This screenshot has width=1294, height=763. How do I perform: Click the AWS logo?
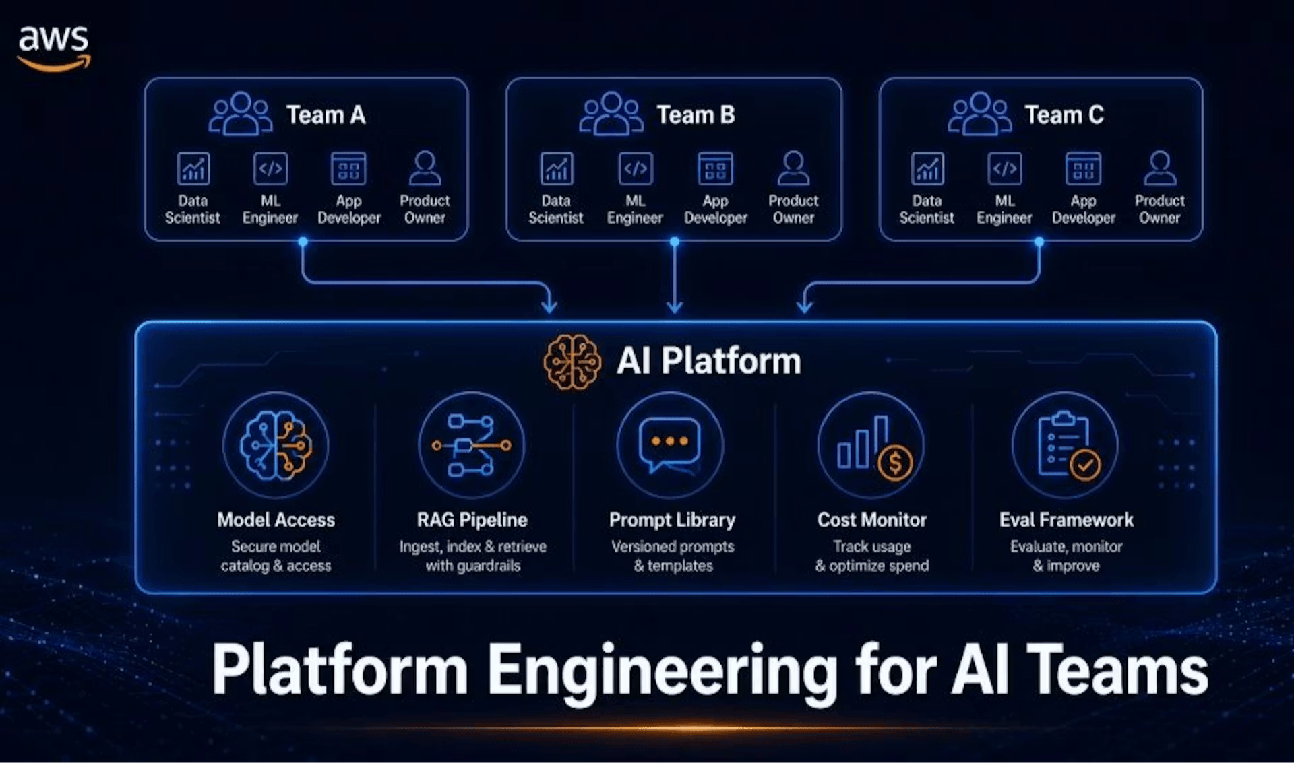pos(53,48)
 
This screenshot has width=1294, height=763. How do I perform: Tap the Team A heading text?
pos(326,115)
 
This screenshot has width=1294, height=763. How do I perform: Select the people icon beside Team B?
pos(611,114)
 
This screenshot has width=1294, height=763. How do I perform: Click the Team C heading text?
pos(1064,115)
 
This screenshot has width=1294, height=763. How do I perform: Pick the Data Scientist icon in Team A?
pos(193,168)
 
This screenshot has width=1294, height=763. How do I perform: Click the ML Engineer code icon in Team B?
pos(635,168)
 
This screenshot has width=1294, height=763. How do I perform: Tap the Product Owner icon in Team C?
pos(1160,168)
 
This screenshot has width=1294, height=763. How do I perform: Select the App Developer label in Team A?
pos(349,209)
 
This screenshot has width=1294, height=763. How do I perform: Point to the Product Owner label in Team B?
pos(793,209)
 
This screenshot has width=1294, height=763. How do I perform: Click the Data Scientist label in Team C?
pos(927,209)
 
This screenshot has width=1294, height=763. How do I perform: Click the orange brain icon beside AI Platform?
pos(572,362)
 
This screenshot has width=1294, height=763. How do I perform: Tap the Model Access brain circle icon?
pos(276,445)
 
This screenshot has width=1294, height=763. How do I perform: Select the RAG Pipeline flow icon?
pos(472,445)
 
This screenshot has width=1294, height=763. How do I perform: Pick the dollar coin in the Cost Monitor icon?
pos(896,463)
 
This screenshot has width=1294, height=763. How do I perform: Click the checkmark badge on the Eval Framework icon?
pos(1085,465)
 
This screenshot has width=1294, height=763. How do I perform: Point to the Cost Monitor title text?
pos(872,520)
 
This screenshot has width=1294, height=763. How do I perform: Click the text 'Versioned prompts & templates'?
pos(673,556)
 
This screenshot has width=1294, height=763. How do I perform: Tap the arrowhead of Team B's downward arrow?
pos(675,307)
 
